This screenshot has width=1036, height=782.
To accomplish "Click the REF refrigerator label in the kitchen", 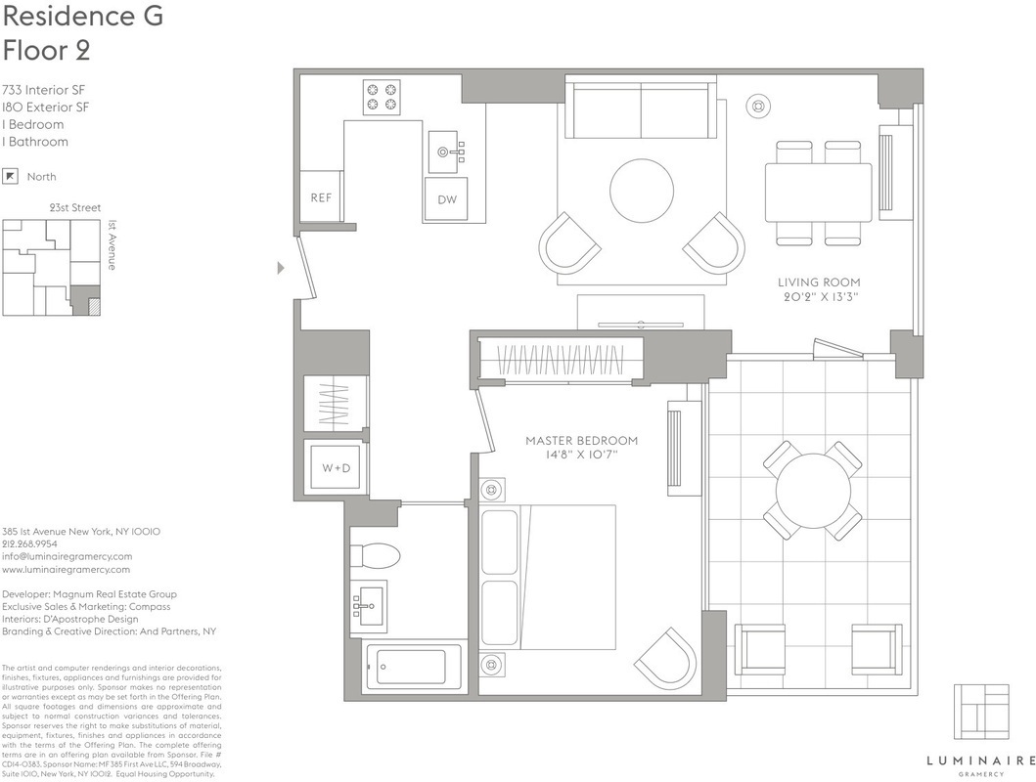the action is [321, 197].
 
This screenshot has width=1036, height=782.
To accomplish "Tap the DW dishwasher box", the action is [446, 199].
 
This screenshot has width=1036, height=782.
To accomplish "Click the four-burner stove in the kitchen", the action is [383, 97].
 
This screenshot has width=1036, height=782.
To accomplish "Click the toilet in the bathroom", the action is [375, 555].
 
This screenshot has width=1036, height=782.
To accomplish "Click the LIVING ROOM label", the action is [819, 282].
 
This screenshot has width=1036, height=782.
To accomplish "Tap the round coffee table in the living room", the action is [642, 192].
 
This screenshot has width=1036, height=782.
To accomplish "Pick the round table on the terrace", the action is [813, 491].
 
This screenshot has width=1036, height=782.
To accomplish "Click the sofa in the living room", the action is [642, 107].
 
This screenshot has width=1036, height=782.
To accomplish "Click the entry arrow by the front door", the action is [281, 268].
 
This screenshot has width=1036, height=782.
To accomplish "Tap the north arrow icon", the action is [10, 176].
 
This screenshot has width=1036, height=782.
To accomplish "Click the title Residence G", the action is [82, 16].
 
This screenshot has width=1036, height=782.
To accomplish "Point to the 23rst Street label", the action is [75, 208].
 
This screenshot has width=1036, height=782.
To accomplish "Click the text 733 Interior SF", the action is [44, 90].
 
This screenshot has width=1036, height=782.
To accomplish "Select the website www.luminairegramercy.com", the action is [67, 570].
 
